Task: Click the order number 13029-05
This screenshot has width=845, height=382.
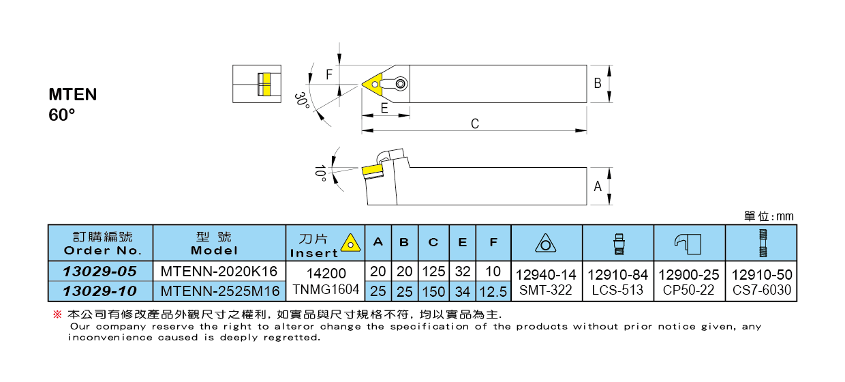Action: pyautogui.click(x=99, y=271)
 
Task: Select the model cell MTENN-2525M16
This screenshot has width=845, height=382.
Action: pyautogui.click(x=219, y=291)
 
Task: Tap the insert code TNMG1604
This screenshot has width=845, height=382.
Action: pyautogui.click(x=325, y=290)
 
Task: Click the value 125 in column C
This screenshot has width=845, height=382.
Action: pyautogui.click(x=433, y=271)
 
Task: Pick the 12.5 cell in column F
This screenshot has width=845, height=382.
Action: pyautogui.click(x=493, y=291)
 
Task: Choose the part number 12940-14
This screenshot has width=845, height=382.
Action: pyautogui.click(x=546, y=275)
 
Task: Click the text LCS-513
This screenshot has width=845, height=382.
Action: pyautogui.click(x=617, y=290)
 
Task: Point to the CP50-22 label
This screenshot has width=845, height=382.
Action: pyautogui.click(x=688, y=290)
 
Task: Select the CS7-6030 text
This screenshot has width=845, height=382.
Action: pyautogui.click(x=761, y=290)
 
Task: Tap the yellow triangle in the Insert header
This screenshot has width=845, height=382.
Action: pyautogui.click(x=350, y=242)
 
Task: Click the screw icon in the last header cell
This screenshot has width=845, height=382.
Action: pyautogui.click(x=761, y=242)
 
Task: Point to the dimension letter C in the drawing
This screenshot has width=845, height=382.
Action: pyautogui.click(x=475, y=123)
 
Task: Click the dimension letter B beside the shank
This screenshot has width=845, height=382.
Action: pyautogui.click(x=598, y=83)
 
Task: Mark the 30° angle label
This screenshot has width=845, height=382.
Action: pyautogui.click(x=301, y=101)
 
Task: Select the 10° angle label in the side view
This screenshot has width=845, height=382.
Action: pyautogui.click(x=320, y=172)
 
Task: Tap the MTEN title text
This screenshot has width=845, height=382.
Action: pyautogui.click(x=73, y=95)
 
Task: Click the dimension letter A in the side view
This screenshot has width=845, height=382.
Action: pyautogui.click(x=598, y=186)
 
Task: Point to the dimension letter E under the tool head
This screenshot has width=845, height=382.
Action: pyautogui.click(x=384, y=108)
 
